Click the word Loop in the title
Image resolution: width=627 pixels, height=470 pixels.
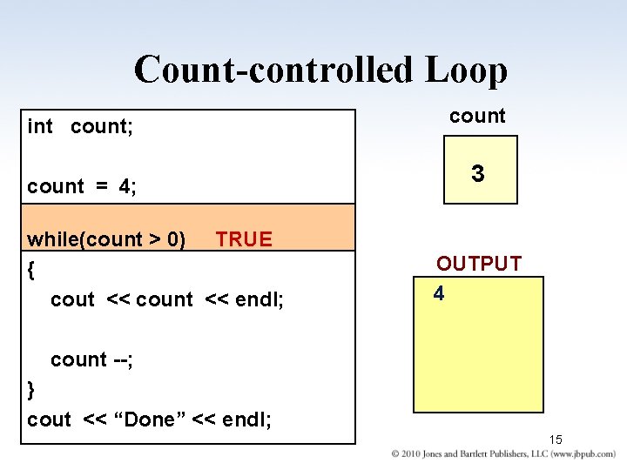click(x=466, y=70)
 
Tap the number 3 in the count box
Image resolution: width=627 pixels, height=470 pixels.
click(x=478, y=174)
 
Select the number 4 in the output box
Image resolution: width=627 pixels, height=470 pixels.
click(x=439, y=294)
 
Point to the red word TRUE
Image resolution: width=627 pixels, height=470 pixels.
click(x=244, y=239)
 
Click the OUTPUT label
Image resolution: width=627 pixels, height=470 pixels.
click(x=479, y=264)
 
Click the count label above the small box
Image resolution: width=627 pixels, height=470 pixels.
click(x=477, y=116)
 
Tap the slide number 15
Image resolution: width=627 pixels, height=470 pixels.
click(x=557, y=439)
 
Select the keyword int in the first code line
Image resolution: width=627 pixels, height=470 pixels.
click(x=40, y=126)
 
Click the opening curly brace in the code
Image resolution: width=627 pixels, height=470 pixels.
click(x=31, y=270)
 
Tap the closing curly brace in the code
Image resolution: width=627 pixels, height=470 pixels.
click(x=31, y=389)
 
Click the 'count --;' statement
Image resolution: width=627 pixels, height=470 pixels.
click(x=91, y=359)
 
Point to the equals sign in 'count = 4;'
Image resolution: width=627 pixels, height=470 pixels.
click(x=101, y=186)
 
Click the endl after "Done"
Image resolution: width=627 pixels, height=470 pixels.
click(x=246, y=420)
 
